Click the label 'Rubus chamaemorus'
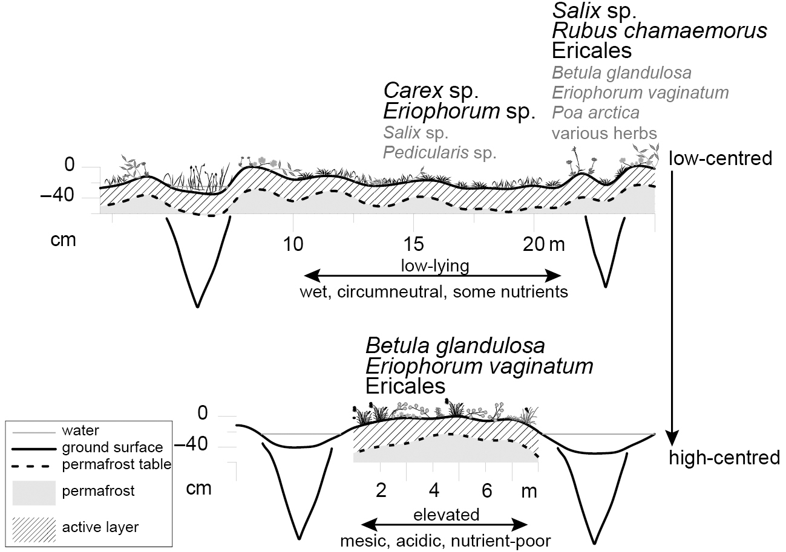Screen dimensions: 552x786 click(x=660, y=30)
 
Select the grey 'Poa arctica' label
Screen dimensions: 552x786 click(x=595, y=112)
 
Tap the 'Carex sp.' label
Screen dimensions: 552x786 click(x=431, y=91)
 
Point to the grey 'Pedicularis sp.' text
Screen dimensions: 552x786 click(x=439, y=152)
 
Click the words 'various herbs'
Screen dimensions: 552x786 click(x=604, y=132)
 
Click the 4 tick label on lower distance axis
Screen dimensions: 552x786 click(x=434, y=490)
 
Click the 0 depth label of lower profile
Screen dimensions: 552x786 click(x=203, y=414)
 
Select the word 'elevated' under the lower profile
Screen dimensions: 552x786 click(x=446, y=515)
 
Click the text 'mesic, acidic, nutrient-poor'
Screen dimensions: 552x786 click(x=446, y=540)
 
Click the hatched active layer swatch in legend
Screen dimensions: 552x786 click(x=34, y=528)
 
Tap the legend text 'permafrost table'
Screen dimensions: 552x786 click(x=116, y=464)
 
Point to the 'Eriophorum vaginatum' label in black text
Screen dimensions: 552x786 click(x=479, y=366)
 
